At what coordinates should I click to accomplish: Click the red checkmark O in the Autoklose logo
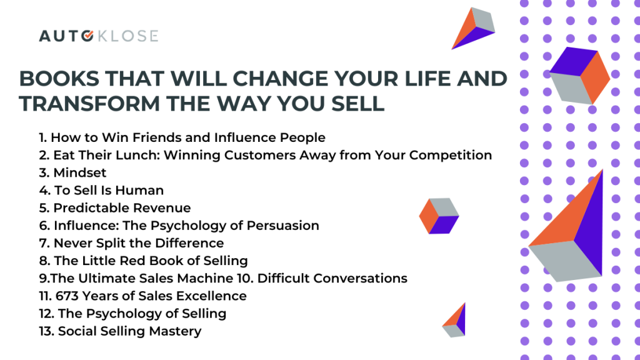(87, 36)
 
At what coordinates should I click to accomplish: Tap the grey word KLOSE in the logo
(127, 36)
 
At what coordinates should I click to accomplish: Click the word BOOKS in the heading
(59, 78)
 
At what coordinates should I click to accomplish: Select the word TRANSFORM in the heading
(89, 104)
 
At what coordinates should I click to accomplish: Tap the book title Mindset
(79, 172)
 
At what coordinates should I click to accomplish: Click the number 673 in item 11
(67, 296)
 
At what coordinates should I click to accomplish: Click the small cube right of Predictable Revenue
(439, 216)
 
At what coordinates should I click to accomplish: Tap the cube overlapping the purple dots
(579, 76)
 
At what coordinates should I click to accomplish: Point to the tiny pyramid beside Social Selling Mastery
(454, 321)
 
